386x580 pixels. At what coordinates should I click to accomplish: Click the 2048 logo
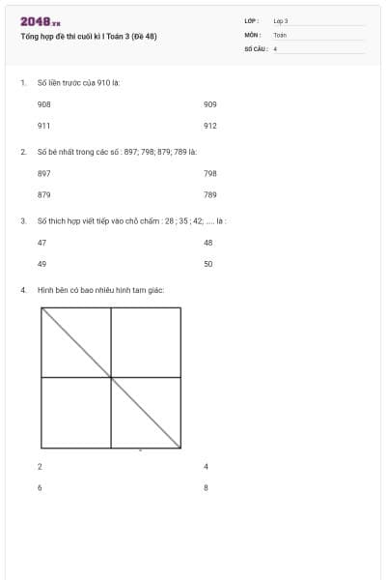click(x=40, y=21)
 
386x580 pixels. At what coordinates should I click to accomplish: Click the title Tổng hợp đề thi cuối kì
click(x=89, y=37)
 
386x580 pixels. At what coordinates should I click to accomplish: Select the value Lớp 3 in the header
click(x=281, y=20)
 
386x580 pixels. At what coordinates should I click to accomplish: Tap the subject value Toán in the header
click(x=280, y=34)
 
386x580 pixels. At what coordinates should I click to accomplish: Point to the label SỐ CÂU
click(x=255, y=47)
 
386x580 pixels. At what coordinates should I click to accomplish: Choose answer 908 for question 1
click(x=44, y=102)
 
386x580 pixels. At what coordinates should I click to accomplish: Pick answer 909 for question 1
click(x=210, y=102)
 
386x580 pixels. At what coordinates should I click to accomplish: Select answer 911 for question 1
click(x=44, y=125)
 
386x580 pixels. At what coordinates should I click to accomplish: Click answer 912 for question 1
click(x=210, y=125)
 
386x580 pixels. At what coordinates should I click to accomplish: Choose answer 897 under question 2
click(x=44, y=173)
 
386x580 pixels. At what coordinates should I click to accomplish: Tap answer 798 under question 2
click(x=210, y=173)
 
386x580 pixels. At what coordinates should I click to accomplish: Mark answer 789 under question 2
click(x=210, y=194)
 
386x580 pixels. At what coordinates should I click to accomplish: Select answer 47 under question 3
click(x=41, y=242)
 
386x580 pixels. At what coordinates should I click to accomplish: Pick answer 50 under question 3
click(x=208, y=263)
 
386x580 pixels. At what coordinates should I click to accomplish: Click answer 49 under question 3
click(x=41, y=263)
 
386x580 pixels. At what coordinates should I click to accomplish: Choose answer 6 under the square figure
click(x=40, y=487)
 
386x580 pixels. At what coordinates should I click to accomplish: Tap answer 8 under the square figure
click(x=207, y=487)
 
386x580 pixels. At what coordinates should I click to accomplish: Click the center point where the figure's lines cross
click(x=112, y=378)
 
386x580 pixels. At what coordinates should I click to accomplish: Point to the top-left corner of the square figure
click(x=42, y=308)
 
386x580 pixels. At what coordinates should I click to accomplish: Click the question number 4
click(x=22, y=289)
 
